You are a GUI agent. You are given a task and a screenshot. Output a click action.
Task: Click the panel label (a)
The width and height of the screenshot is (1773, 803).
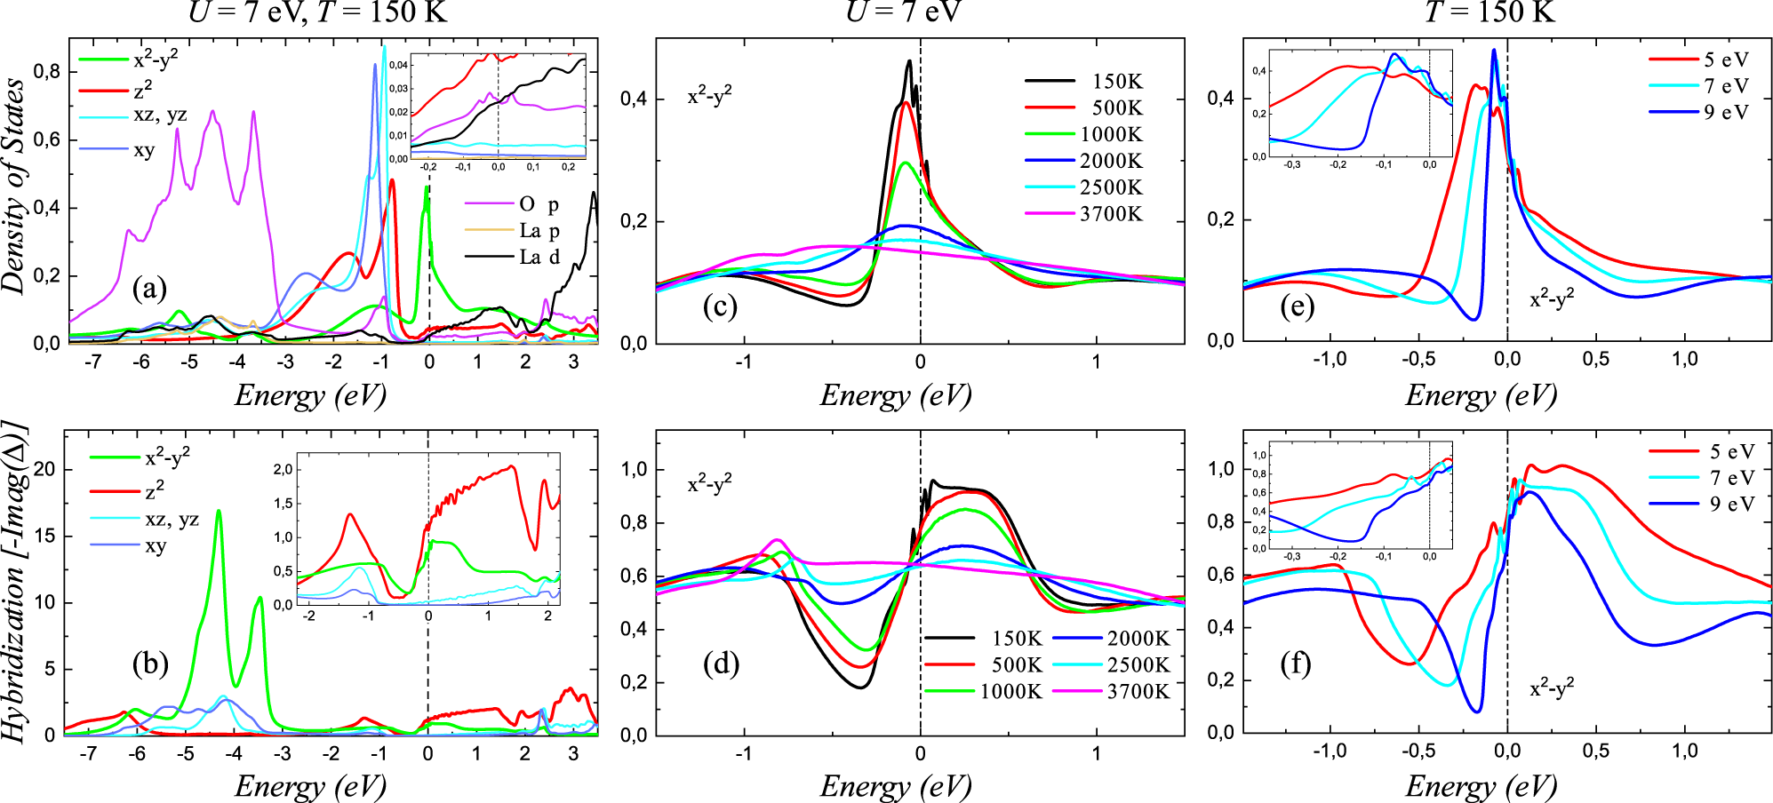pyautogui.click(x=149, y=289)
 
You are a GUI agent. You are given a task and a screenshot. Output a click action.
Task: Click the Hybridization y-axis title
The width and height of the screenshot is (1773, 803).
pyautogui.click(x=14, y=582)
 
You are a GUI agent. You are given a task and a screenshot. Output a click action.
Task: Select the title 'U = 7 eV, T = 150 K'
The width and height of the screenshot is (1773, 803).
pyautogui.click(x=317, y=12)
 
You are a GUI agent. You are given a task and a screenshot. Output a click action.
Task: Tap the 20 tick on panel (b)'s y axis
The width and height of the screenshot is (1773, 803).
pyautogui.click(x=44, y=470)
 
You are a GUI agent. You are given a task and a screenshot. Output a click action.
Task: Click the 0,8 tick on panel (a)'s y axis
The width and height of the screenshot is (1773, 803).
pyautogui.click(x=46, y=72)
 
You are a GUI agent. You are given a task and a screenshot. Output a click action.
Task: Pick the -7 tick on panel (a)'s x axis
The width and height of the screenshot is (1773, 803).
pyautogui.click(x=93, y=363)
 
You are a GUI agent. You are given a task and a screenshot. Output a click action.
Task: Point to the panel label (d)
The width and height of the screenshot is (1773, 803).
pyautogui.click(x=721, y=664)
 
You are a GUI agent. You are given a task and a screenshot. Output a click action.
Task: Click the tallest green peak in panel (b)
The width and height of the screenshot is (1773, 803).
pyautogui.click(x=219, y=512)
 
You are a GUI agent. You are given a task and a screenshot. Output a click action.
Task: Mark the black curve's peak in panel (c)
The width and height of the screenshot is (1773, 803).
pyautogui.click(x=909, y=61)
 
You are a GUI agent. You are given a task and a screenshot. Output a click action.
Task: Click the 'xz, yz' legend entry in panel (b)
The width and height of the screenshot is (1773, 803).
pyautogui.click(x=171, y=520)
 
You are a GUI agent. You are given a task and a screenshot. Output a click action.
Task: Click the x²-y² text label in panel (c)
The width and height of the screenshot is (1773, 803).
pyautogui.click(x=709, y=96)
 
